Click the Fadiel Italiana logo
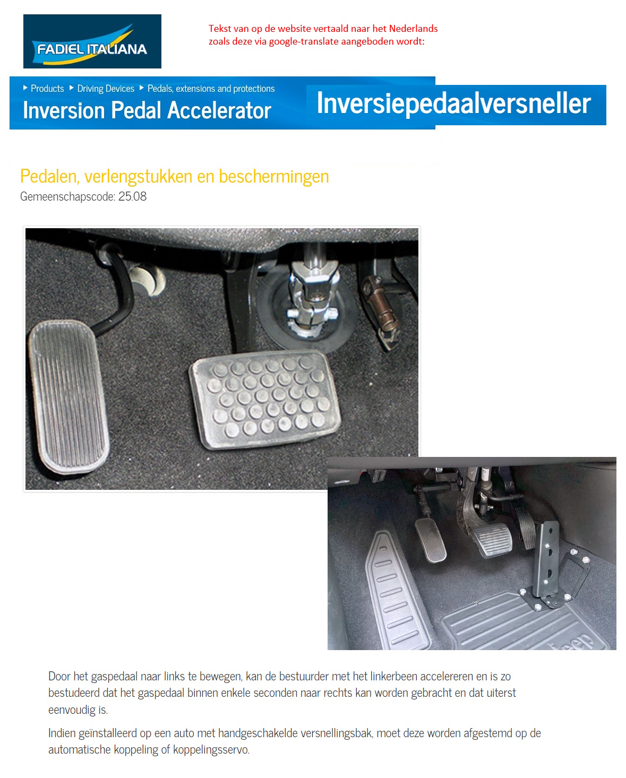click(x=92, y=42)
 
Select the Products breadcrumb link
click(x=47, y=89)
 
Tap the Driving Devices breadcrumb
click(x=106, y=89)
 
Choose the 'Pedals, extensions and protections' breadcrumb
click(x=211, y=89)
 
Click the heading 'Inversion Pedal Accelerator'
click(x=147, y=110)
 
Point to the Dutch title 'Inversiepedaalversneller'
click(x=453, y=103)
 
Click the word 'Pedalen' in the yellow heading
click(x=49, y=176)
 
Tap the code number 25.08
click(x=132, y=196)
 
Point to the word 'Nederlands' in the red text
click(x=413, y=29)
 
